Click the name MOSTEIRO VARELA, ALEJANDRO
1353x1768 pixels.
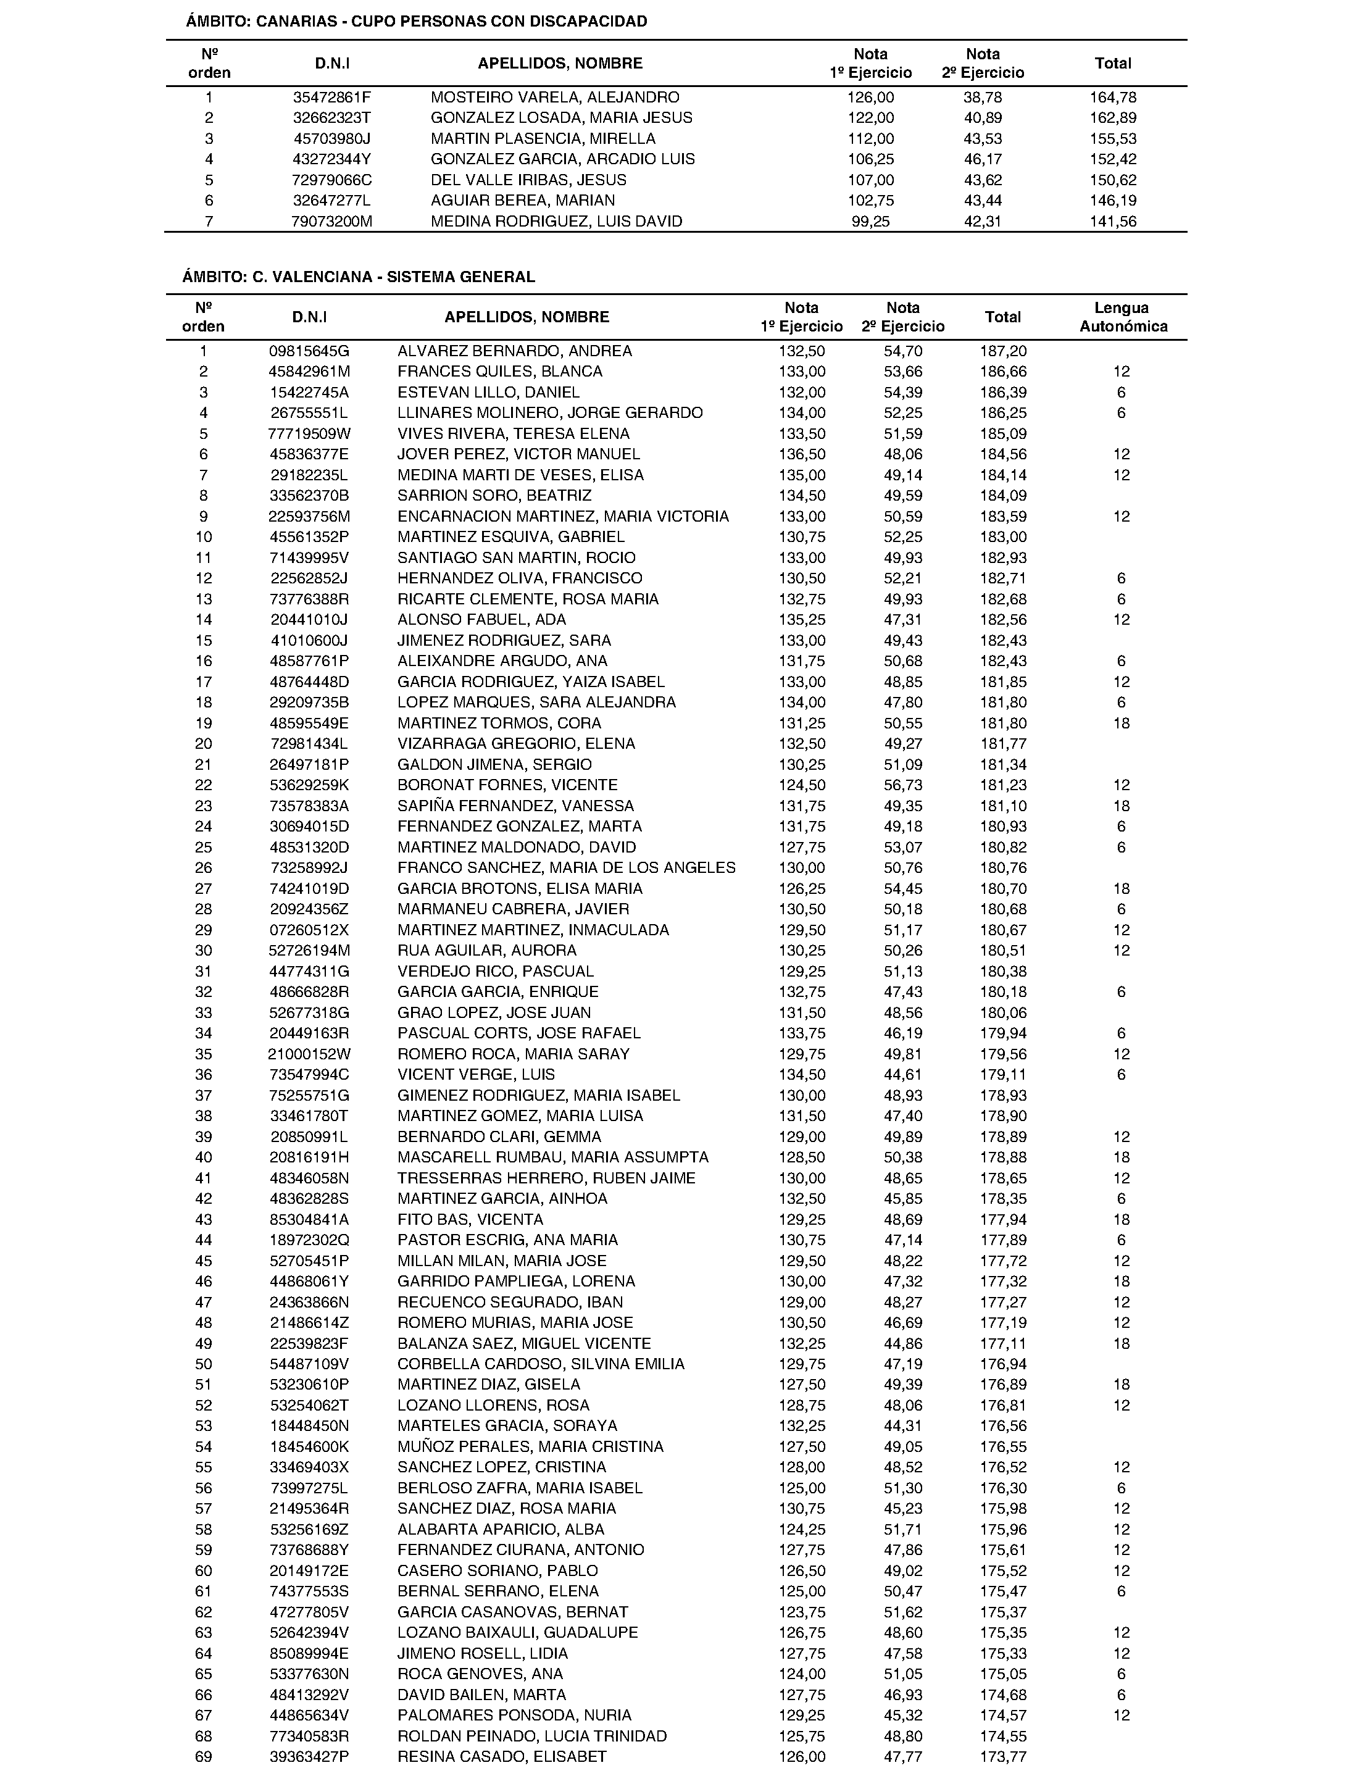pos(555,98)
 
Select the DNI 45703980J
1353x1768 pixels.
pos(332,138)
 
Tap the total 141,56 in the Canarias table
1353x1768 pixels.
pos(1113,222)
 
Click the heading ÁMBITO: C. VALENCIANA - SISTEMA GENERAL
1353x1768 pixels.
pos(359,277)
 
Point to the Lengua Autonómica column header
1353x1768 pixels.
pos(1123,317)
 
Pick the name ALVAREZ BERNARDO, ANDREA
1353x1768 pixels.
pos(515,351)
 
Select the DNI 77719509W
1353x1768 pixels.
pos(309,434)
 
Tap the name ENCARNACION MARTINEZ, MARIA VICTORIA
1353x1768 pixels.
pos(563,516)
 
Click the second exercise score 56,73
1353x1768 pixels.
pos(903,785)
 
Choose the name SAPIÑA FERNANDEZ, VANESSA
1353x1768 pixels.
pos(515,806)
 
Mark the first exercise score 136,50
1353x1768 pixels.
pos(801,454)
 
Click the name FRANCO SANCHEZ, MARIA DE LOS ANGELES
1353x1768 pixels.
pos(566,869)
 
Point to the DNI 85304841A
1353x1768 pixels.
pos(309,1219)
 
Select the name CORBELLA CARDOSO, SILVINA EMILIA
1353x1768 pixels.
pos(540,1364)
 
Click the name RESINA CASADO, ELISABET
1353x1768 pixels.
pos(502,1757)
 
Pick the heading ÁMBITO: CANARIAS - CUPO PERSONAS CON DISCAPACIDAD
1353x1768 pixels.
pos(417,22)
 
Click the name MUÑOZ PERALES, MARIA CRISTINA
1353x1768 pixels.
pos(530,1446)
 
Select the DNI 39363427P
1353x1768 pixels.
pos(309,1757)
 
